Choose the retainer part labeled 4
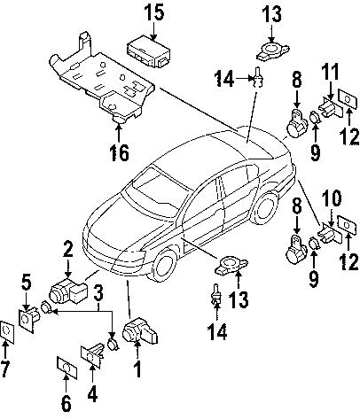93,354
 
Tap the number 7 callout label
7,367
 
